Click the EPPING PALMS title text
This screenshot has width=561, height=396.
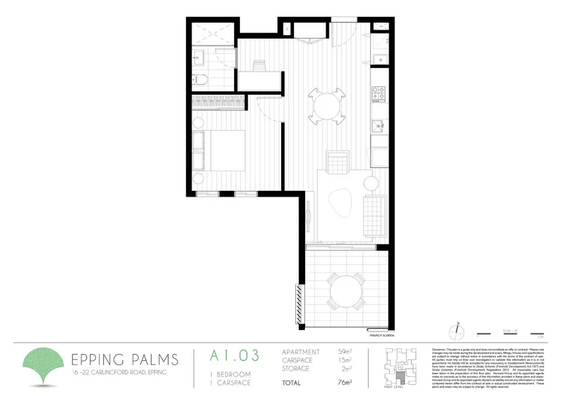tap(126, 359)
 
